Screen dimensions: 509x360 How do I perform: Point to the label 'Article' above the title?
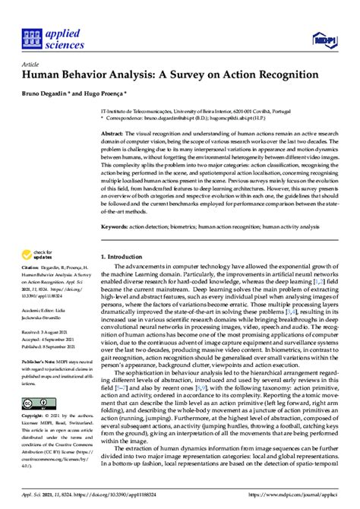click(30, 64)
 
